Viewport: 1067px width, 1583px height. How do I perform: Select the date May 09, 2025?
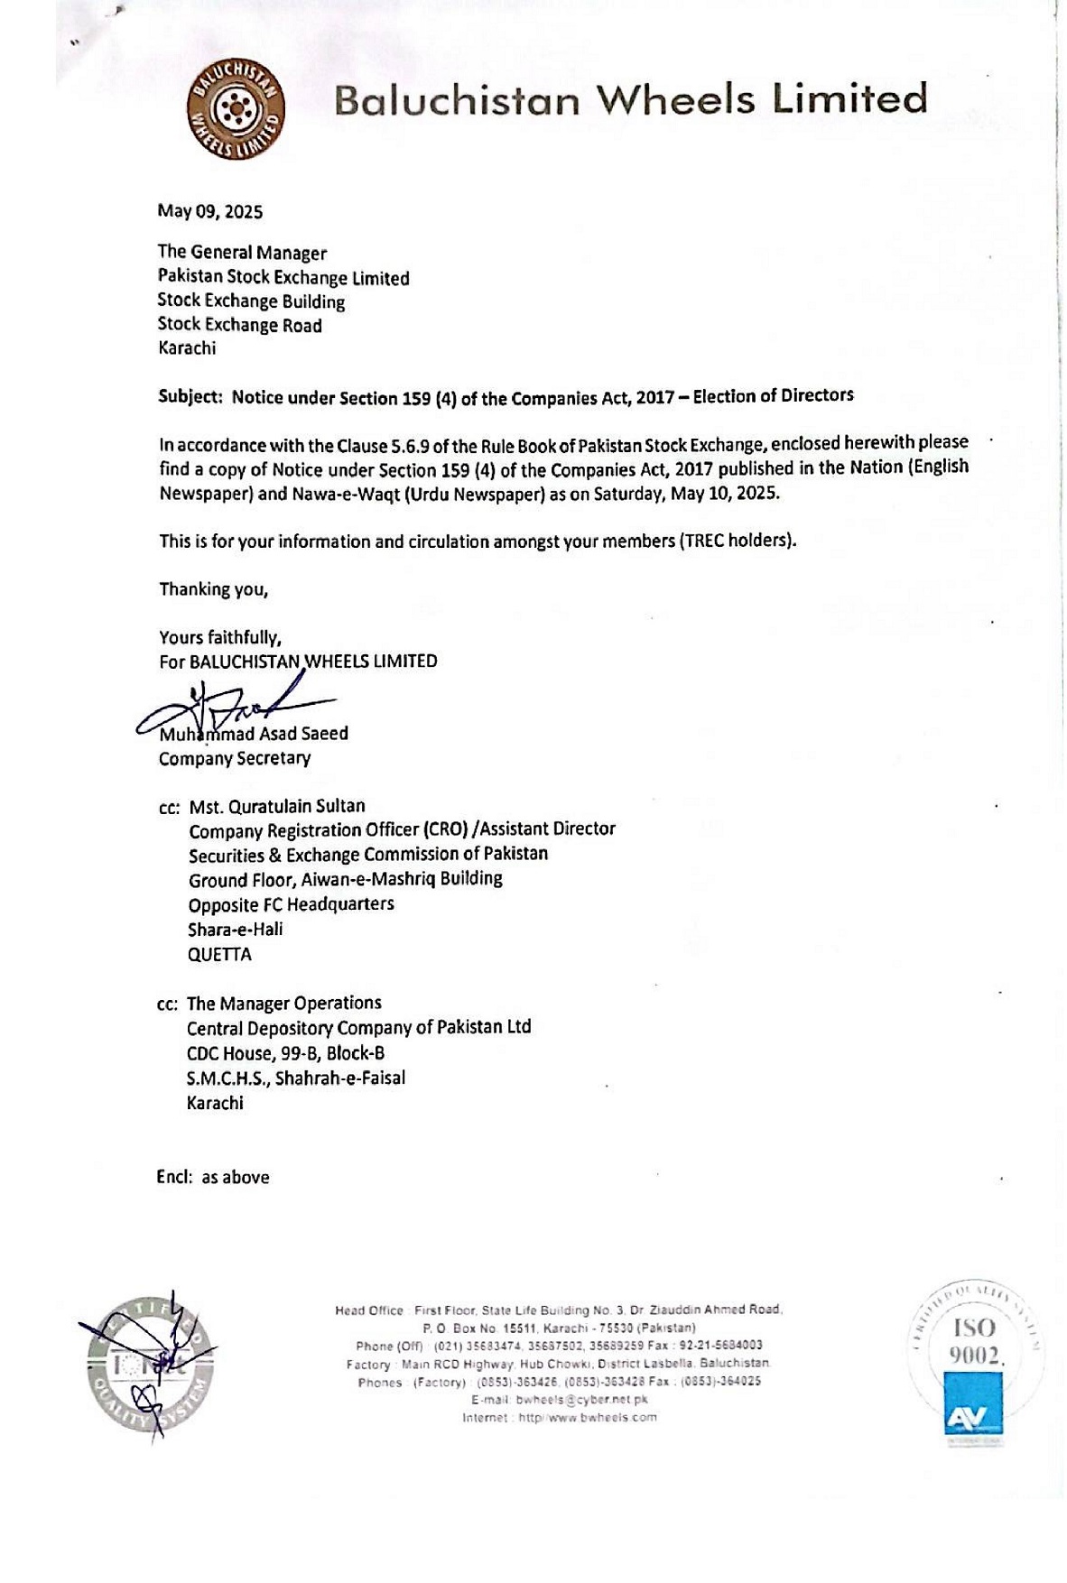pyautogui.click(x=210, y=211)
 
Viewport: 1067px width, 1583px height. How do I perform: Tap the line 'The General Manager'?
pyautogui.click(x=242, y=253)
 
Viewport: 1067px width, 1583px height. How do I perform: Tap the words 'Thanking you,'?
pyautogui.click(x=214, y=589)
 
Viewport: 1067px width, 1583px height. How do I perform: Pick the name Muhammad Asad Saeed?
pyautogui.click(x=254, y=734)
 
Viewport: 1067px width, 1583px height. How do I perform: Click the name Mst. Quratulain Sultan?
pyautogui.click(x=277, y=806)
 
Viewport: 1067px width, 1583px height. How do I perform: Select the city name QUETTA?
pyautogui.click(x=219, y=954)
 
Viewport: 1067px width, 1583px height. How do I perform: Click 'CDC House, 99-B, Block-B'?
pyautogui.click(x=285, y=1052)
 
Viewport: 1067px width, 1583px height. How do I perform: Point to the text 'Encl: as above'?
pyautogui.click(x=213, y=1177)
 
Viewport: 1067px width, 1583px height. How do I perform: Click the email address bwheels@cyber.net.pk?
pyautogui.click(x=581, y=1400)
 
